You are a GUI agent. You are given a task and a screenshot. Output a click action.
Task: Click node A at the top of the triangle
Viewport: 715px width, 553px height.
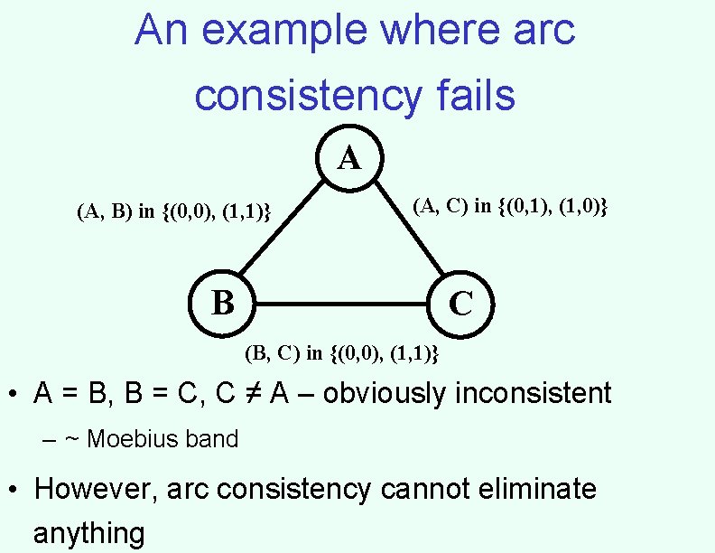click(x=349, y=159)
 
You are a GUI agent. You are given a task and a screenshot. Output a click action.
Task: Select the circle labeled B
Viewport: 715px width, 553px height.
click(x=222, y=302)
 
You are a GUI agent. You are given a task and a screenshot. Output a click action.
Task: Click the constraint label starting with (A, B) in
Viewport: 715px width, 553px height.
click(x=174, y=213)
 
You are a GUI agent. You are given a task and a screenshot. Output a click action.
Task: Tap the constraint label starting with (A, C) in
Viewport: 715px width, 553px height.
click(x=510, y=207)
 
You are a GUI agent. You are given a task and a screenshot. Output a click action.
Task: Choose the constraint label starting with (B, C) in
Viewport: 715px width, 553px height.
click(x=342, y=352)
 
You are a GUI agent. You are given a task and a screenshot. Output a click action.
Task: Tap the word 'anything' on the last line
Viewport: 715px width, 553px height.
click(x=88, y=533)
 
